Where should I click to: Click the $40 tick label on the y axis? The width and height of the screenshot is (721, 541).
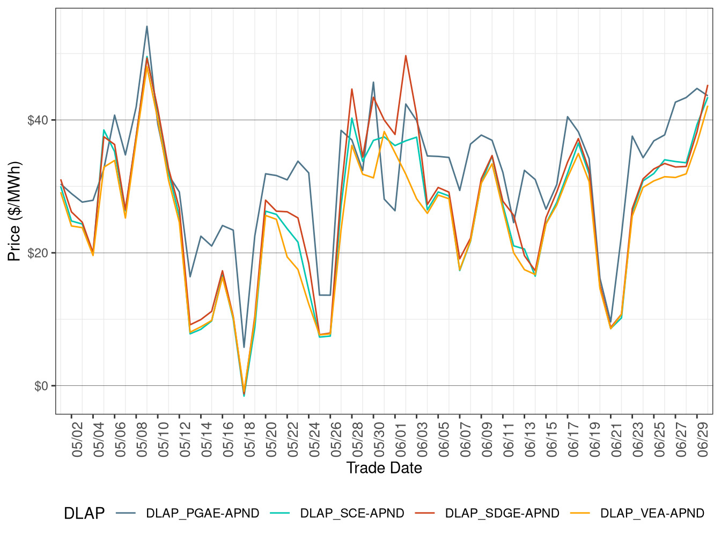coord(38,120)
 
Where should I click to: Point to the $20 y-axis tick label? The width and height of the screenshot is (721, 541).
coord(38,253)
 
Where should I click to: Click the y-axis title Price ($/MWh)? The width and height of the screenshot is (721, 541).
coord(14,211)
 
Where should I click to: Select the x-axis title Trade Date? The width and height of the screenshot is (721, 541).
coord(384,468)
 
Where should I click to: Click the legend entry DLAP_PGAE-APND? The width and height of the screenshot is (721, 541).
coord(202,513)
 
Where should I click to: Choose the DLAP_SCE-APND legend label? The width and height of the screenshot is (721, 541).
coord(352,513)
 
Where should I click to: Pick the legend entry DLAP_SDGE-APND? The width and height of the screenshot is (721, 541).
coord(502,513)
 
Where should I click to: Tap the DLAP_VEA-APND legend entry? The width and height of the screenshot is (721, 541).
coord(652,513)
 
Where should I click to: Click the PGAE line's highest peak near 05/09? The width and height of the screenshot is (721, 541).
coord(147,26)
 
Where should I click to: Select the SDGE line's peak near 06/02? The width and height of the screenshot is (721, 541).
coord(406,55)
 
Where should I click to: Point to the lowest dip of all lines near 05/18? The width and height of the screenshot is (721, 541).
coord(244,396)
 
